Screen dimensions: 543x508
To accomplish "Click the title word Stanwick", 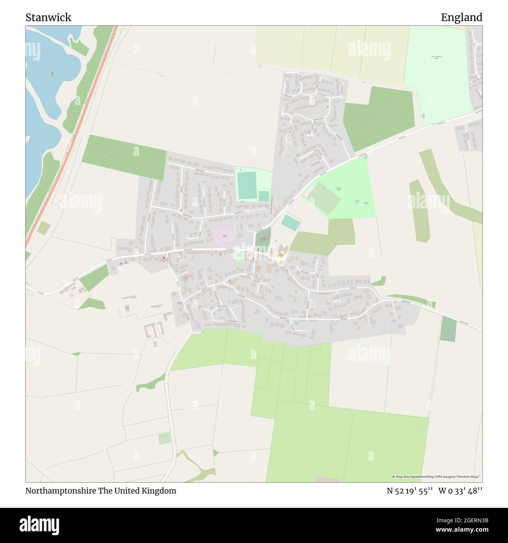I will pyautogui.click(x=48, y=18).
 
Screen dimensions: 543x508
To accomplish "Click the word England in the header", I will pyautogui.click(x=461, y=18).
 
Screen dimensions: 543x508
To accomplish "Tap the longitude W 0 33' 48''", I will pyautogui.click(x=460, y=491).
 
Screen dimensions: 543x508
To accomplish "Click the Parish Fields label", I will pyautogui.click(x=339, y=189).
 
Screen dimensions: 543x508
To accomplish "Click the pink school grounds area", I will pyautogui.click(x=224, y=235).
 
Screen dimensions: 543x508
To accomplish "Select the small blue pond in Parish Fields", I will pyautogui.click(x=366, y=203).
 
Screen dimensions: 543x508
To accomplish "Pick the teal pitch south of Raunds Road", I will pyautogui.click(x=291, y=223).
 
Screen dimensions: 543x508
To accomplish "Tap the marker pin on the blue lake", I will pyautogui.click(x=52, y=74).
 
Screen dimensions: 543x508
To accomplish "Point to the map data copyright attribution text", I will pyautogui.click(x=436, y=477).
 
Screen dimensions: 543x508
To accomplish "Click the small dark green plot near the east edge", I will pyautogui.click(x=448, y=329).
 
